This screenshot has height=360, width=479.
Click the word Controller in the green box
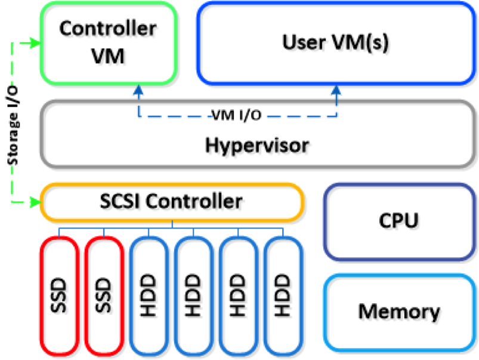(108, 27)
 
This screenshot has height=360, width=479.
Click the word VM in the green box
(108, 56)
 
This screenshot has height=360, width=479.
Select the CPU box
(398, 220)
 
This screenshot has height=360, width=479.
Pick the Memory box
(398, 311)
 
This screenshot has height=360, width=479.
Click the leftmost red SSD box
(60, 295)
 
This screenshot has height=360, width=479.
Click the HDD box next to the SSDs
(149, 295)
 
